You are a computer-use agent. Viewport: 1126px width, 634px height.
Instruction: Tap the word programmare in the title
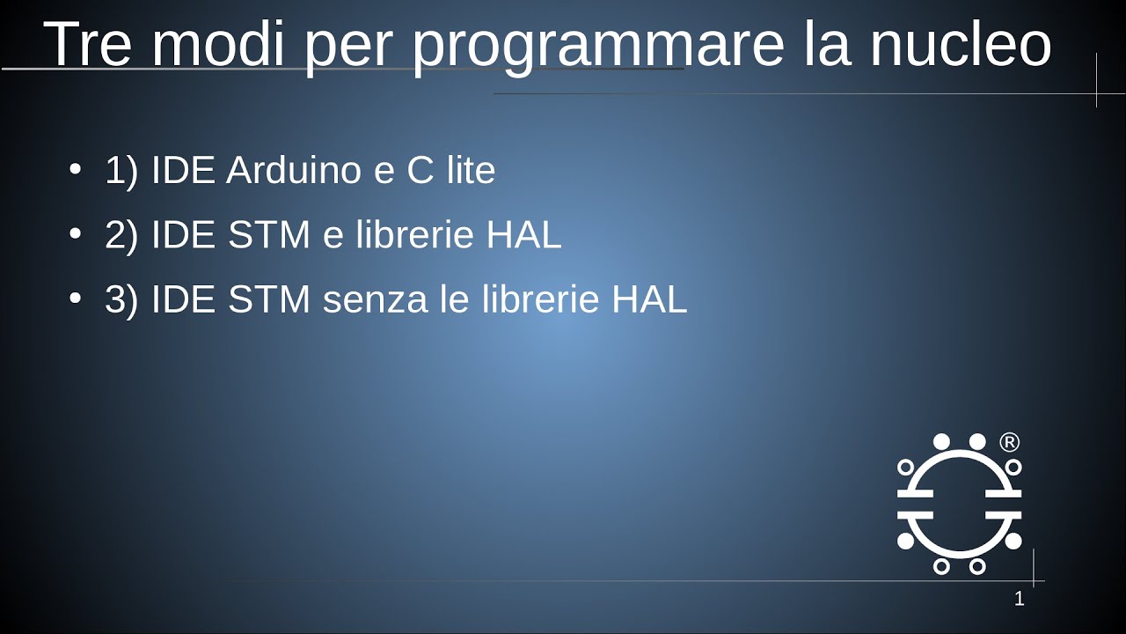(598, 46)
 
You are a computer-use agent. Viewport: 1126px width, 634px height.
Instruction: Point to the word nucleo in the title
(961, 44)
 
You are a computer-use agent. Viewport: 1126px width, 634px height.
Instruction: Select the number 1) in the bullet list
(121, 171)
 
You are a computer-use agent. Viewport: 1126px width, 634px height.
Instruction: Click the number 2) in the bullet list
(121, 236)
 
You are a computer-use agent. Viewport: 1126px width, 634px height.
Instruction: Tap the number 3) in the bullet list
(121, 301)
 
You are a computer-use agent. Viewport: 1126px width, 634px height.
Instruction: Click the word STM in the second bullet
(269, 236)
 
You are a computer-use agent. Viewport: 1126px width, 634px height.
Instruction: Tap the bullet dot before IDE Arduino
(75, 168)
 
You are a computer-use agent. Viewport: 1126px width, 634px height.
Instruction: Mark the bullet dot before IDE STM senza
(75, 299)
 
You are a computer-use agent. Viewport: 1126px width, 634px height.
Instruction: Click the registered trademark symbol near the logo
(1010, 442)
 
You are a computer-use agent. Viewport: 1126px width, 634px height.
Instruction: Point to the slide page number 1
(1020, 600)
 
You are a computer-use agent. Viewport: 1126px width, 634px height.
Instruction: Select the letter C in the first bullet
(420, 170)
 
